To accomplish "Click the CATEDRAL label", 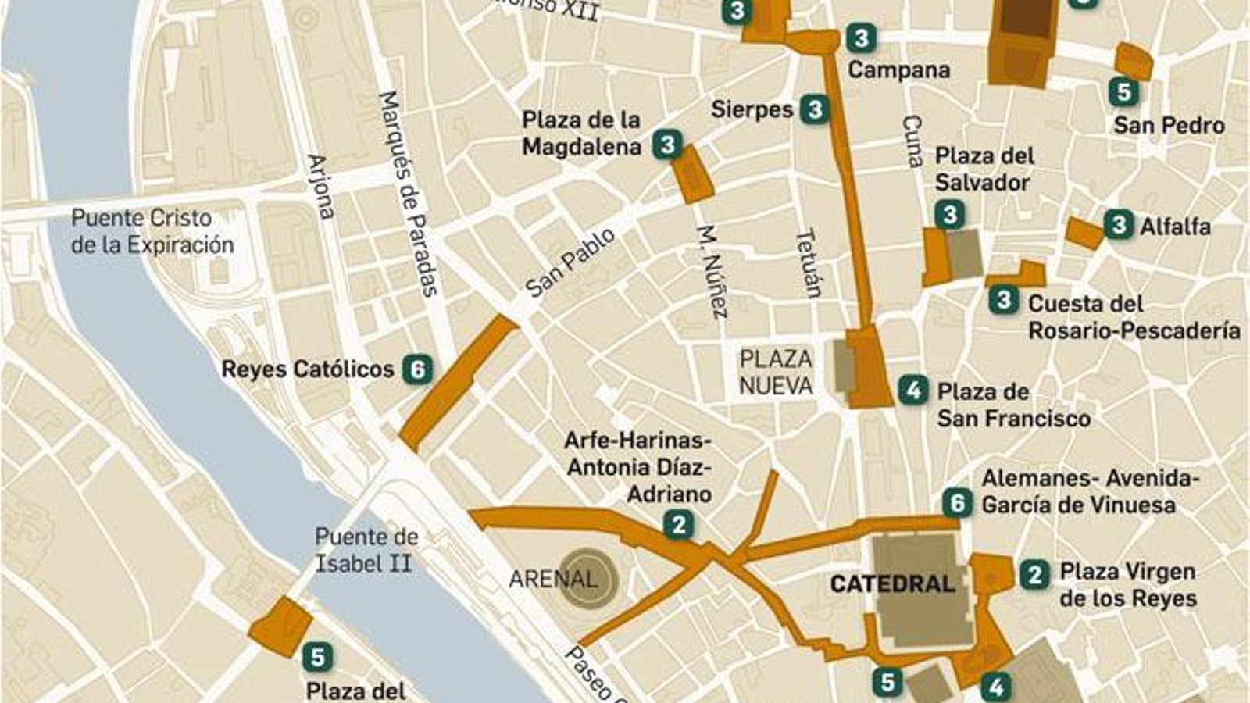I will click(892, 583).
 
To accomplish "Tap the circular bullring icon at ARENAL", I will click(590, 579).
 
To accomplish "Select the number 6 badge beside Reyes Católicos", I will click(417, 369).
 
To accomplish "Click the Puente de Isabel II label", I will click(366, 550).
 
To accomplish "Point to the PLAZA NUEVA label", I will click(776, 372).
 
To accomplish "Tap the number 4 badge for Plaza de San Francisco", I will click(912, 390).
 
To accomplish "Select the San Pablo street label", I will click(570, 262).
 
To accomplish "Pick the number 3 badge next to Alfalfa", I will click(1118, 226).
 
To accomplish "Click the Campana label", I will click(899, 70).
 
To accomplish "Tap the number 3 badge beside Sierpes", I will click(815, 109).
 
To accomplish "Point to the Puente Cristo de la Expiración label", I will click(152, 231).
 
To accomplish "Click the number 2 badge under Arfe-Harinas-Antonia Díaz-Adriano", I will click(678, 525).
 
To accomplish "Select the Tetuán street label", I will click(809, 263).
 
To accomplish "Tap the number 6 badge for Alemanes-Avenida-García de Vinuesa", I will click(957, 503).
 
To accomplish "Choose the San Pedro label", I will click(1169, 125).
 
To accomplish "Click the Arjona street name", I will click(320, 186).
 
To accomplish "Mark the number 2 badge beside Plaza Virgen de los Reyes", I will click(1034, 576).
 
